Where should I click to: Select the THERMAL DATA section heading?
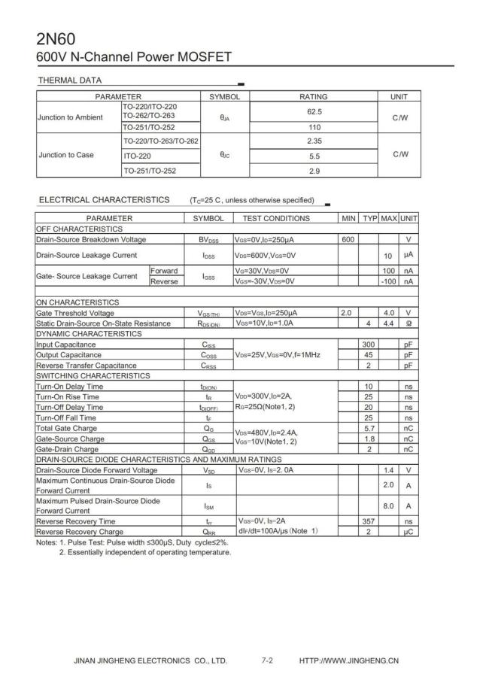pos(69,80)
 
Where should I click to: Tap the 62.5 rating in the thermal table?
pos(314,111)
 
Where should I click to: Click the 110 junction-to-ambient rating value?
pos(314,127)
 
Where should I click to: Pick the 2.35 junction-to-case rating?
pos(314,141)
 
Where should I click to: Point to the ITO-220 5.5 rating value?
pos(314,156)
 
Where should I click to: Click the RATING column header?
pos(314,97)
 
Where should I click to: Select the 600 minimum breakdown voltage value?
pos(348,239)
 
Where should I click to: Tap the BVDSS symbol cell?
pos(208,239)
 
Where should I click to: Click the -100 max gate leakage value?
pos(388,281)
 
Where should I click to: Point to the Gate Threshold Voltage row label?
pos(75,313)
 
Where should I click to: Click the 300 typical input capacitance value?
pos(369,344)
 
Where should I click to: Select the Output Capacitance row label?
pos(65,355)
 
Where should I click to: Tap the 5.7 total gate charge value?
pos(369,428)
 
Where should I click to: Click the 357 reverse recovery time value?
pos(369,521)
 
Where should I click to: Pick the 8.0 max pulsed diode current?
pos(388,506)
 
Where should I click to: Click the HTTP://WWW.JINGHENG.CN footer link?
pos(349,661)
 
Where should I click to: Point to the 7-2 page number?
pos(267,661)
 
